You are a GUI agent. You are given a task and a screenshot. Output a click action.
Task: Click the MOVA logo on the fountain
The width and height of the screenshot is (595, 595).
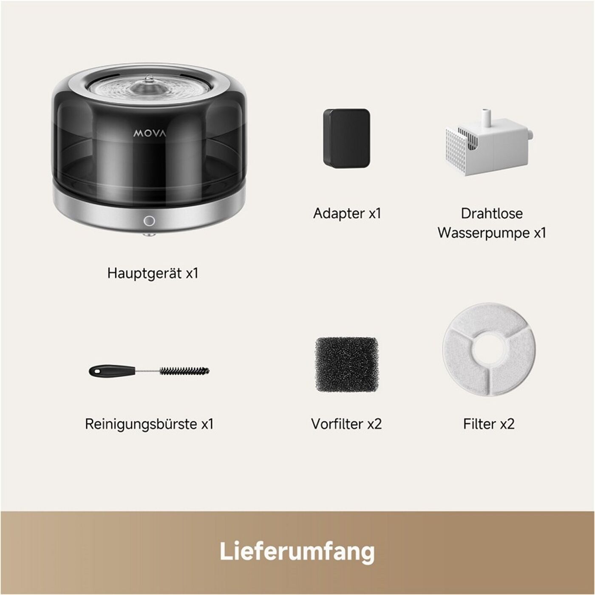pyautogui.click(x=150, y=133)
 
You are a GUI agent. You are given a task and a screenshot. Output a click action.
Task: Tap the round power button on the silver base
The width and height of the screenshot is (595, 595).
pyautogui.click(x=149, y=221)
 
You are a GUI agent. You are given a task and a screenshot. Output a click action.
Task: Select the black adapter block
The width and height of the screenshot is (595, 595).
pyautogui.click(x=346, y=138)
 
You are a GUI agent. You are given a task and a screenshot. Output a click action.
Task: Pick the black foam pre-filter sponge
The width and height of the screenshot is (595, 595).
pyautogui.click(x=346, y=365)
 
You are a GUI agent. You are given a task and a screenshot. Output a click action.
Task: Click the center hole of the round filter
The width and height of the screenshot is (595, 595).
pyautogui.click(x=489, y=349)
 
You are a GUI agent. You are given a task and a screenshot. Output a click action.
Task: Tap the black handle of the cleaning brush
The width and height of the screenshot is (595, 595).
pyautogui.click(x=105, y=371)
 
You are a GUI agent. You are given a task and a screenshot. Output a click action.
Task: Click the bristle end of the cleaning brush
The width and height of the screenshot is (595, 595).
pyautogui.click(x=184, y=371)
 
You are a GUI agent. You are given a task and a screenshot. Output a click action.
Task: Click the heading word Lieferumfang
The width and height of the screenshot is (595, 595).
pyautogui.click(x=297, y=552)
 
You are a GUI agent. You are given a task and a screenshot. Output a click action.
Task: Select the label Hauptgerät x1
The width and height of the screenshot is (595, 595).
pyautogui.click(x=153, y=274)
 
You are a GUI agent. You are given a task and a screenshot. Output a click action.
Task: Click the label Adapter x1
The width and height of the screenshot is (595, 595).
pyautogui.click(x=347, y=213)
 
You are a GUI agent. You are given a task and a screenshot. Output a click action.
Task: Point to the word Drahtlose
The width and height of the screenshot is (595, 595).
pyautogui.click(x=492, y=213)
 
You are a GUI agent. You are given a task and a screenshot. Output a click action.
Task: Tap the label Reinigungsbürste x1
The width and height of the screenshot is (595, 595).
pyautogui.click(x=149, y=424)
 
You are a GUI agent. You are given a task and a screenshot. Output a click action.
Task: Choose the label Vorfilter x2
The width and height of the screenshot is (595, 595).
pyautogui.click(x=346, y=424)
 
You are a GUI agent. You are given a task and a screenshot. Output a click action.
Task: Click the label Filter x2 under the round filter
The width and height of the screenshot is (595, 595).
pyautogui.click(x=489, y=424)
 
